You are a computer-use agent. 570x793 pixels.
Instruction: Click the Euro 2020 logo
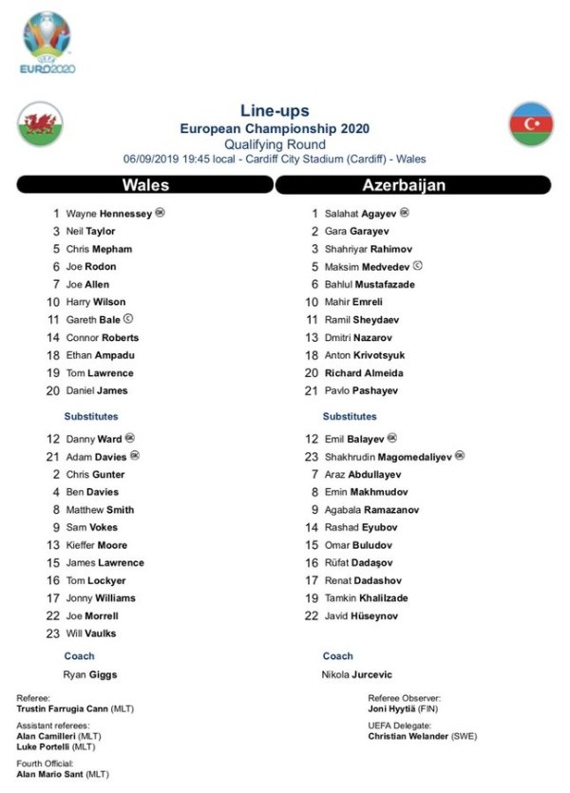click(48, 42)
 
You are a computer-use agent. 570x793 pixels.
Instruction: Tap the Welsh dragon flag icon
click(40, 124)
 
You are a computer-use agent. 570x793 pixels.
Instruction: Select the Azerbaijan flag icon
click(531, 124)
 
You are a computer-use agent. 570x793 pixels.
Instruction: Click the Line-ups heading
click(275, 111)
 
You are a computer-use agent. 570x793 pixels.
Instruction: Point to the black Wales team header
click(145, 185)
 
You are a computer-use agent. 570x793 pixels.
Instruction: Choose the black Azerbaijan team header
click(413, 185)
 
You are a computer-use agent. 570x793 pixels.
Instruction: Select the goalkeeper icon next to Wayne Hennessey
click(160, 214)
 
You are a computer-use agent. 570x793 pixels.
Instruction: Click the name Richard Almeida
click(364, 373)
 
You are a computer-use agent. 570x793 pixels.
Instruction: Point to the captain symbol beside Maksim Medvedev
click(418, 267)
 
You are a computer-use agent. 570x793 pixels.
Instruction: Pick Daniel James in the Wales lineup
click(96, 390)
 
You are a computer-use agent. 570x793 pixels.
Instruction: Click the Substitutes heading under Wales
click(91, 416)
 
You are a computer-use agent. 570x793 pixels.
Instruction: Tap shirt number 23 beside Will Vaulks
click(54, 633)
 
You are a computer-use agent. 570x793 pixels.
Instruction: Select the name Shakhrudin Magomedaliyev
click(389, 457)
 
